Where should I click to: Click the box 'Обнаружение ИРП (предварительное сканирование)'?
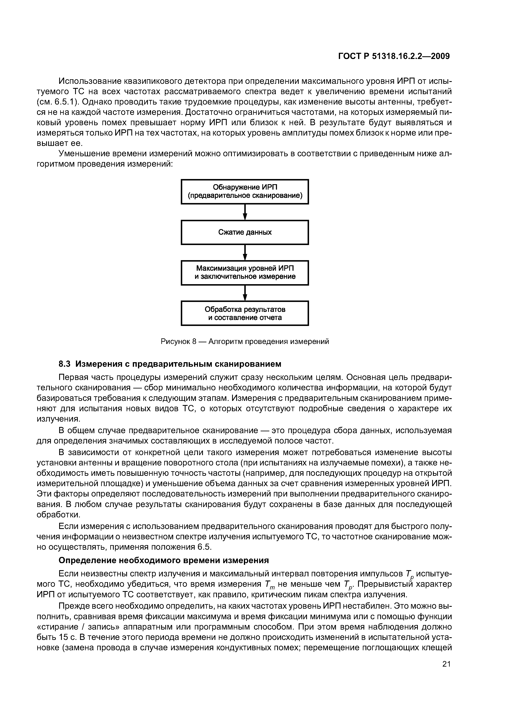click(245, 192)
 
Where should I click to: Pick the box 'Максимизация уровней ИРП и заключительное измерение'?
click(245, 273)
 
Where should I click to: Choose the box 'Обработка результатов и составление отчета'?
click(245, 313)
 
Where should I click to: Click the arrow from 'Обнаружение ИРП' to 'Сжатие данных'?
click(245, 212)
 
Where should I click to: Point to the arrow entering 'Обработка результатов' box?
click(245, 293)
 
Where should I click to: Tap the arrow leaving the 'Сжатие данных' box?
click(245, 252)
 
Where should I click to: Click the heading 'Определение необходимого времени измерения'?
click(164, 560)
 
